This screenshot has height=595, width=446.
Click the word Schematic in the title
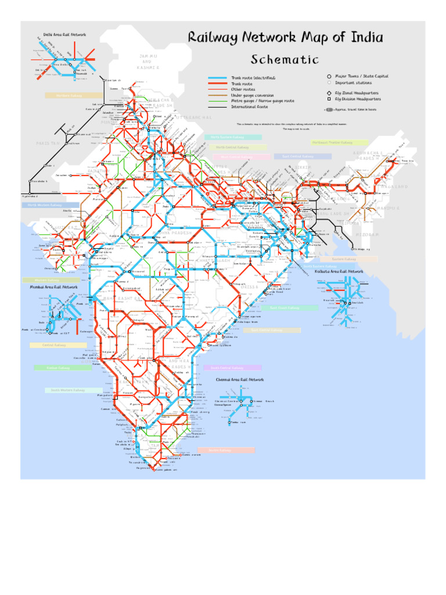285,60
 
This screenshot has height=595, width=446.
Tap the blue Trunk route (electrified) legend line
217,78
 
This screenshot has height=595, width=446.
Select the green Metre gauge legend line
217,101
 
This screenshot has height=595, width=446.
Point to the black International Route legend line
217,107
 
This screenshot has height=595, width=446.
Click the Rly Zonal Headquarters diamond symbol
329,93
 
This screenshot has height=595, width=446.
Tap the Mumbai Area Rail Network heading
54,287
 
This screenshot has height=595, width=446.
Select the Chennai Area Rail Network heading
240,379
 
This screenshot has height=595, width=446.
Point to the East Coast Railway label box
289,308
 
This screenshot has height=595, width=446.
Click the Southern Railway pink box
226,450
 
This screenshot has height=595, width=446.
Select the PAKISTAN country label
48,143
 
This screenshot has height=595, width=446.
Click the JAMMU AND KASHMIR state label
147,62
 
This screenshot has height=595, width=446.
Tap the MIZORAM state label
364,235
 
